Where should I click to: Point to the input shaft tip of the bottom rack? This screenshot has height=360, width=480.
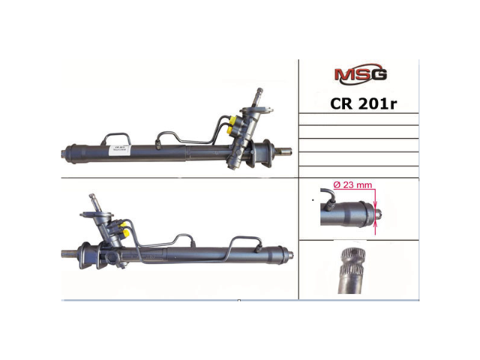click(x=97, y=199)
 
